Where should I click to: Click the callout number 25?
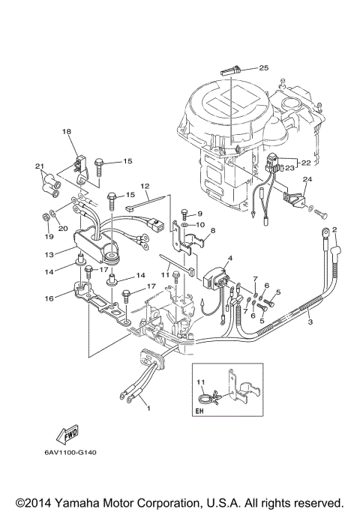[263, 67]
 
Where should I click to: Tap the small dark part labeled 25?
[230, 69]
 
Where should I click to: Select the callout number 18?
[67, 131]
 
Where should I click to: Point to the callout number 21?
[40, 166]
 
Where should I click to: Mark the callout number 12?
[145, 186]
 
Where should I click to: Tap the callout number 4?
[230, 259]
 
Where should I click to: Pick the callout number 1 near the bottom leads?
[148, 409]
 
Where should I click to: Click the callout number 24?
[306, 180]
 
